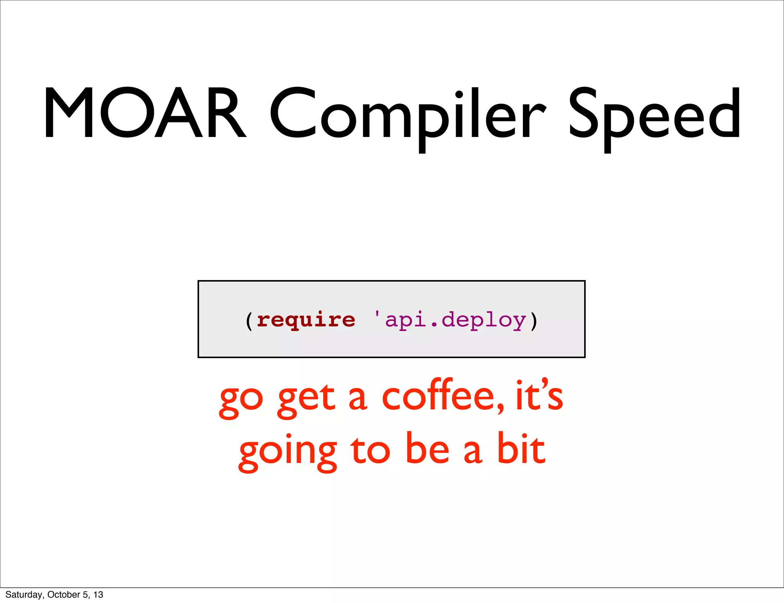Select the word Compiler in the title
408,115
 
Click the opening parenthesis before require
249,321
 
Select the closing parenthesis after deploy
534,321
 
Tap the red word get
307,400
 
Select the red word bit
521,448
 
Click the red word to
370,451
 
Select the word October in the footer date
64,595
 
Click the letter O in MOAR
126,112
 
